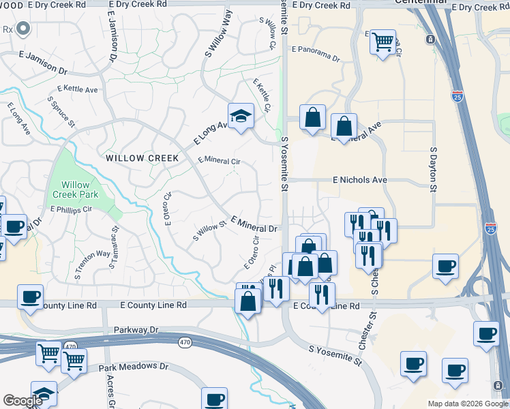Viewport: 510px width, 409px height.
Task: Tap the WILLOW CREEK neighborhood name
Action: click(x=142, y=158)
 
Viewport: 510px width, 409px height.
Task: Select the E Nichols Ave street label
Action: click(x=359, y=180)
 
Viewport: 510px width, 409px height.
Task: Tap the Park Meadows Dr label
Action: click(x=134, y=367)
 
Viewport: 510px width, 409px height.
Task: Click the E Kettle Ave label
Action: click(x=78, y=89)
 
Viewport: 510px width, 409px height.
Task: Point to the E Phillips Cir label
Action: click(x=71, y=209)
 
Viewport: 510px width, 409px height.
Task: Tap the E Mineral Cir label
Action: click(x=219, y=161)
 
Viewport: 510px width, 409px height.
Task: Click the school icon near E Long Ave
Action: click(x=241, y=116)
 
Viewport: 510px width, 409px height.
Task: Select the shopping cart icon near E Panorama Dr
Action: click(x=382, y=42)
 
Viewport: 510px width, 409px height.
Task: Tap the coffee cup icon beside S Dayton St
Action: click(x=446, y=266)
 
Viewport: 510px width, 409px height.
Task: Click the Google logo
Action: click(x=22, y=401)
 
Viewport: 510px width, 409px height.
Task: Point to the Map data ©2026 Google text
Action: click(x=468, y=404)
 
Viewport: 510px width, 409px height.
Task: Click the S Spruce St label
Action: click(x=61, y=111)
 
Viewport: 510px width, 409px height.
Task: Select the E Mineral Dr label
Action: click(x=254, y=224)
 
